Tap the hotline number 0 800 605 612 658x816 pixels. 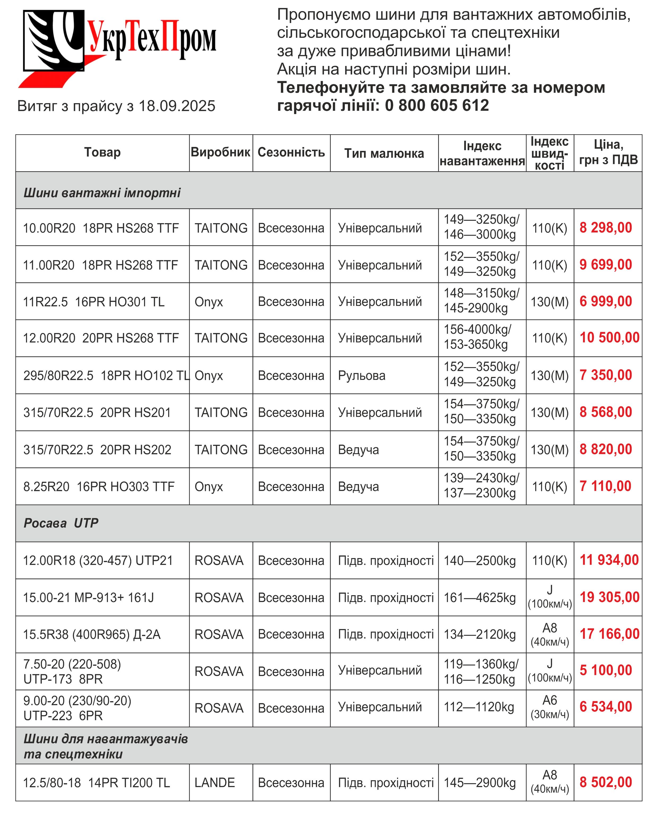[437, 105]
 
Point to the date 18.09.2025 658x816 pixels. [177, 106]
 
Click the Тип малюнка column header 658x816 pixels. [384, 153]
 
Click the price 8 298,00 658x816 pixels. [606, 228]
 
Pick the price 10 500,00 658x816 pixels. [609, 337]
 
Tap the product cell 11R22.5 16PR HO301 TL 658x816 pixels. [94, 302]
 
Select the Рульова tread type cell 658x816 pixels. [361, 375]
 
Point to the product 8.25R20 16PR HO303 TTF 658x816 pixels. [99, 486]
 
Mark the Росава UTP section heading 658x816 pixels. [61, 523]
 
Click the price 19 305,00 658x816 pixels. [609, 597]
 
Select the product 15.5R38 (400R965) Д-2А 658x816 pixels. [92, 634]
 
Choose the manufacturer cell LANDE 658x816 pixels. [215, 782]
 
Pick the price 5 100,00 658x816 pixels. [606, 670]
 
